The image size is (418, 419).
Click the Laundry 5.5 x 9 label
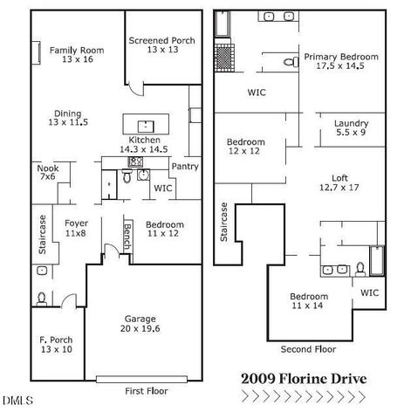(351, 128)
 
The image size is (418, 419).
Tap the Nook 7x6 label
(46, 171)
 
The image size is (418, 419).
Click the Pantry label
(184, 167)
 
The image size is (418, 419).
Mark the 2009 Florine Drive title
(304, 379)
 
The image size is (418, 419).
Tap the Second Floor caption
(308, 349)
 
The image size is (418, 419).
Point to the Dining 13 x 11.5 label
(67, 118)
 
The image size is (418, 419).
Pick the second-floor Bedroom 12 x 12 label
(245, 148)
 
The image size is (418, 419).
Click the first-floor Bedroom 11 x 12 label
(164, 229)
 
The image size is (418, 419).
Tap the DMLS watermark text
(17, 401)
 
